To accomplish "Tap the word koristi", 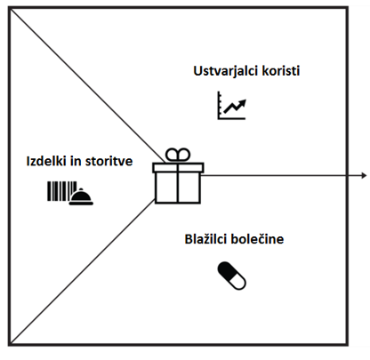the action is click(x=280, y=71).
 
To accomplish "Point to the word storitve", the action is click(x=109, y=161).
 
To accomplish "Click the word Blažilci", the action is click(x=205, y=239).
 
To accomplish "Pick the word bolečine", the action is click(x=257, y=239).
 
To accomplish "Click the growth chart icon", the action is click(x=231, y=105).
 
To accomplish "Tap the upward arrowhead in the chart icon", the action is click(x=243, y=102).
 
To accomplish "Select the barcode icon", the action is click(x=61, y=191).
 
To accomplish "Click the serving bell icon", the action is click(x=81, y=196).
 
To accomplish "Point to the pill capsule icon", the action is click(x=231, y=276).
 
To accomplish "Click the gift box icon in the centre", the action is click(x=178, y=176).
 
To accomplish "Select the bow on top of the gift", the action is click(x=178, y=155).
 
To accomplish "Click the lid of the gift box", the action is click(x=178, y=167).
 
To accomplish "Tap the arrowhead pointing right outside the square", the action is click(x=365, y=175).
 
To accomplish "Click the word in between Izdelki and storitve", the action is click(x=76, y=161).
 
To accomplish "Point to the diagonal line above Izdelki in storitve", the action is click(x=88, y=85).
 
